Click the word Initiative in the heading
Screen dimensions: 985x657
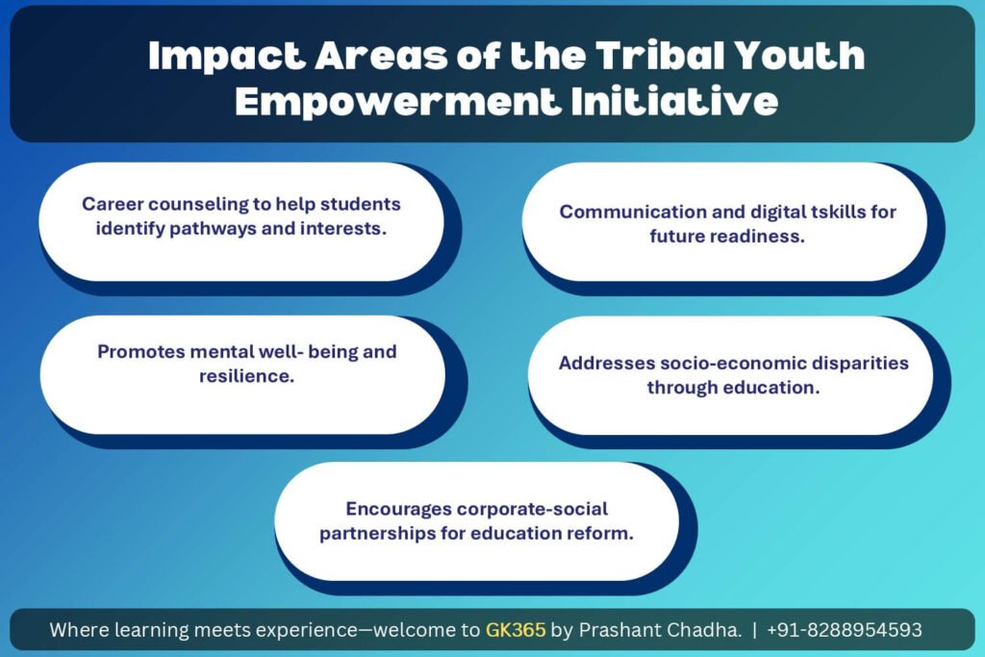[x=674, y=101]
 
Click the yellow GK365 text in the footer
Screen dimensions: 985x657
[x=516, y=629]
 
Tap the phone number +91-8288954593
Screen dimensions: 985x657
[x=845, y=629]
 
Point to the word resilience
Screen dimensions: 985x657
[x=246, y=375]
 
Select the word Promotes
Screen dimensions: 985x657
[x=140, y=351]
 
